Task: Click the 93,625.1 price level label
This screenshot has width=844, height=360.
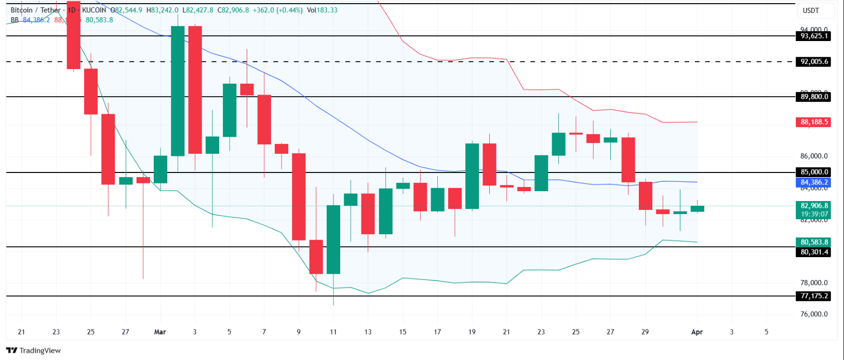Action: click(x=814, y=36)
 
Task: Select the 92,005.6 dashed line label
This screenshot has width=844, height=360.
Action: click(x=814, y=61)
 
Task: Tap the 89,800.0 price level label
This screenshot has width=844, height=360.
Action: click(x=814, y=97)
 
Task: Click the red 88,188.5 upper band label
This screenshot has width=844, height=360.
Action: click(x=814, y=122)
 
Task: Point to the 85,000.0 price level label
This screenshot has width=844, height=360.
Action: click(x=814, y=172)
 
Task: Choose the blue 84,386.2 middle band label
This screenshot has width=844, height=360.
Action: click(x=814, y=182)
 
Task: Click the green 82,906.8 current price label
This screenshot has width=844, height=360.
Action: click(x=814, y=206)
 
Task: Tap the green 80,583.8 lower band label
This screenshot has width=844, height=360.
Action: click(x=814, y=242)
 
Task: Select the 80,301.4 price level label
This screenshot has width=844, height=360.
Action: click(x=814, y=252)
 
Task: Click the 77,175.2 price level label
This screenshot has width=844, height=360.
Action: click(x=814, y=296)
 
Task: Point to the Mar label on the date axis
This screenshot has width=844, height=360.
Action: click(x=160, y=331)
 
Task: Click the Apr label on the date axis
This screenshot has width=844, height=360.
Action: click(x=696, y=331)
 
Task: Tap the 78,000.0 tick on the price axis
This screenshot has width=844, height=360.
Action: click(x=814, y=283)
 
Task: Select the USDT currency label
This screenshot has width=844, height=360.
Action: click(x=811, y=10)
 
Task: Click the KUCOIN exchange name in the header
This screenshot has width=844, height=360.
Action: click(x=94, y=10)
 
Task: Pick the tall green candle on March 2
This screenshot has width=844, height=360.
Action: click(x=178, y=91)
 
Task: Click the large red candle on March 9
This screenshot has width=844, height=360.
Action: click(x=299, y=196)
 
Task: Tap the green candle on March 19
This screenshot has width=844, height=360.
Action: click(x=472, y=176)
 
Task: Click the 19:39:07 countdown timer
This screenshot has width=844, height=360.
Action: click(x=814, y=214)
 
